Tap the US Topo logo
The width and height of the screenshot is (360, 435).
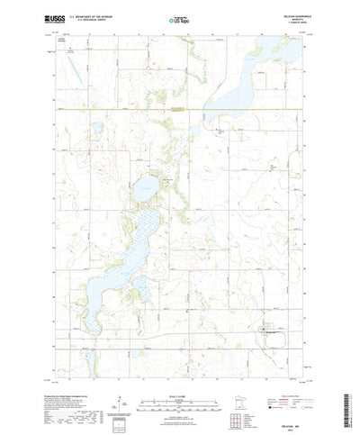pos(179,18)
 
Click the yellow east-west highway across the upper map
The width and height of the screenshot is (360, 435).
pos(180,108)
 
